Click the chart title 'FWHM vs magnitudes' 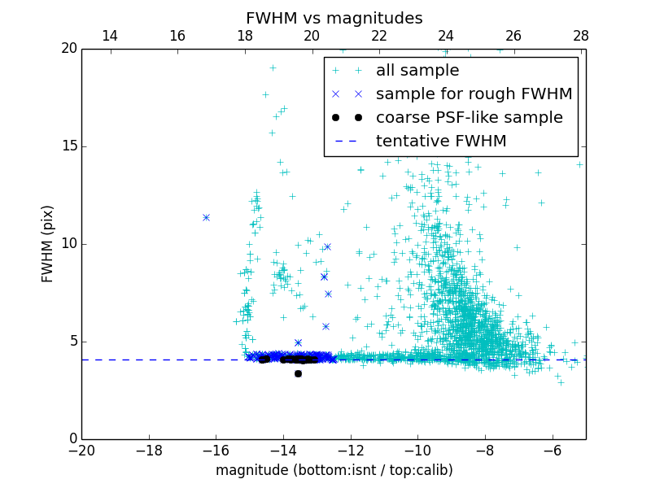[334, 18]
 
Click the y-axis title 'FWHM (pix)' [48, 244]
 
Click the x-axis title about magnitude [334, 470]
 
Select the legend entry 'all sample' [417, 71]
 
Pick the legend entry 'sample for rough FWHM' [474, 94]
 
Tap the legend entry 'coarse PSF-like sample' [469, 118]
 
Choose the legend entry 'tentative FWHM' [441, 142]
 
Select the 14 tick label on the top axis [109, 36]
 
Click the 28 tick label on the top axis [580, 36]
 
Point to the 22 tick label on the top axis [379, 36]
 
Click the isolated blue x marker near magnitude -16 [206, 217]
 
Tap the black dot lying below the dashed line [298, 373]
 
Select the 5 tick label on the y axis [72, 342]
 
